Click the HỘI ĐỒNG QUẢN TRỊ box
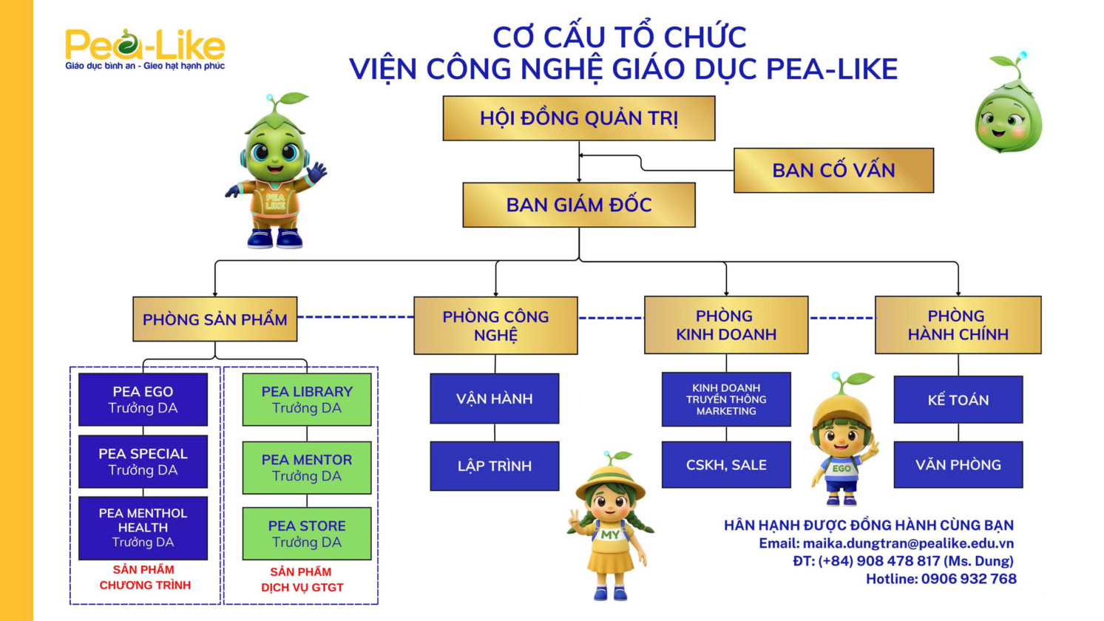578,118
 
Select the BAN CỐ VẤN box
833,171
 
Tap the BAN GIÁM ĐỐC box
578,205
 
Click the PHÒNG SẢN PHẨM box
214,319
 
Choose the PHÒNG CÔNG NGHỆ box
495,326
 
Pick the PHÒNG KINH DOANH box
725,325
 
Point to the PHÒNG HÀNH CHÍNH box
958,325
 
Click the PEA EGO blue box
143,400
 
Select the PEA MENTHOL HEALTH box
143,528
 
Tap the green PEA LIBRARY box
307,400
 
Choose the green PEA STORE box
307,534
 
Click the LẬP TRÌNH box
494,466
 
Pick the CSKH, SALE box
725,465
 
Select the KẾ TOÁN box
958,400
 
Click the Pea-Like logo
145,49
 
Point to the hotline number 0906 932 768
968,579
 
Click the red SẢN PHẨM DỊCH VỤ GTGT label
302,580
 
